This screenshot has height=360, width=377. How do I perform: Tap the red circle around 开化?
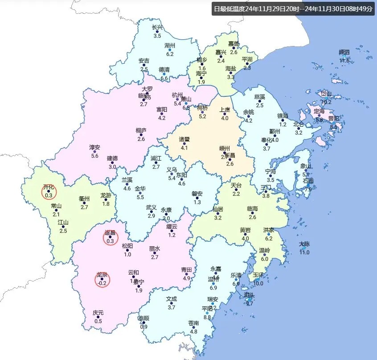pos(49,192)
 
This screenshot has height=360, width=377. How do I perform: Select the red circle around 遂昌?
pos(111,238)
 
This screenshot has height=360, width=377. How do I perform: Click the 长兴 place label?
pos(157,27)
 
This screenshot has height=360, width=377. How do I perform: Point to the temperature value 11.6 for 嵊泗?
pos(344,61)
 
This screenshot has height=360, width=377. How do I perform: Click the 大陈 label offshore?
pos(304,244)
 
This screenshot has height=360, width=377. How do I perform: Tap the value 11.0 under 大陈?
pos(304,252)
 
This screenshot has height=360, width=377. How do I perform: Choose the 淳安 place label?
pos(94,148)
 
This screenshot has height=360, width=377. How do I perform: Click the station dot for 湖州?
pos(170,50)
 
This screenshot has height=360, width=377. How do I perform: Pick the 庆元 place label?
pos(98,313)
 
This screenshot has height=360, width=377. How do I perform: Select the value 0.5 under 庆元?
pos(98,321)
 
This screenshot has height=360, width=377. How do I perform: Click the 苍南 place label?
pos(193,323)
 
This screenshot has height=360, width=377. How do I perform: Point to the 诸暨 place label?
pos(184,139)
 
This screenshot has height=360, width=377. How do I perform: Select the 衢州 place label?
pos(84,199)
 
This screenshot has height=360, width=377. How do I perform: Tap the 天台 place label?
pos(236,185)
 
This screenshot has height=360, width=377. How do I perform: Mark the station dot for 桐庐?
pos(141,135)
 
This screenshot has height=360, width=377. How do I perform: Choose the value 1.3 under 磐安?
pos(197,203)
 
